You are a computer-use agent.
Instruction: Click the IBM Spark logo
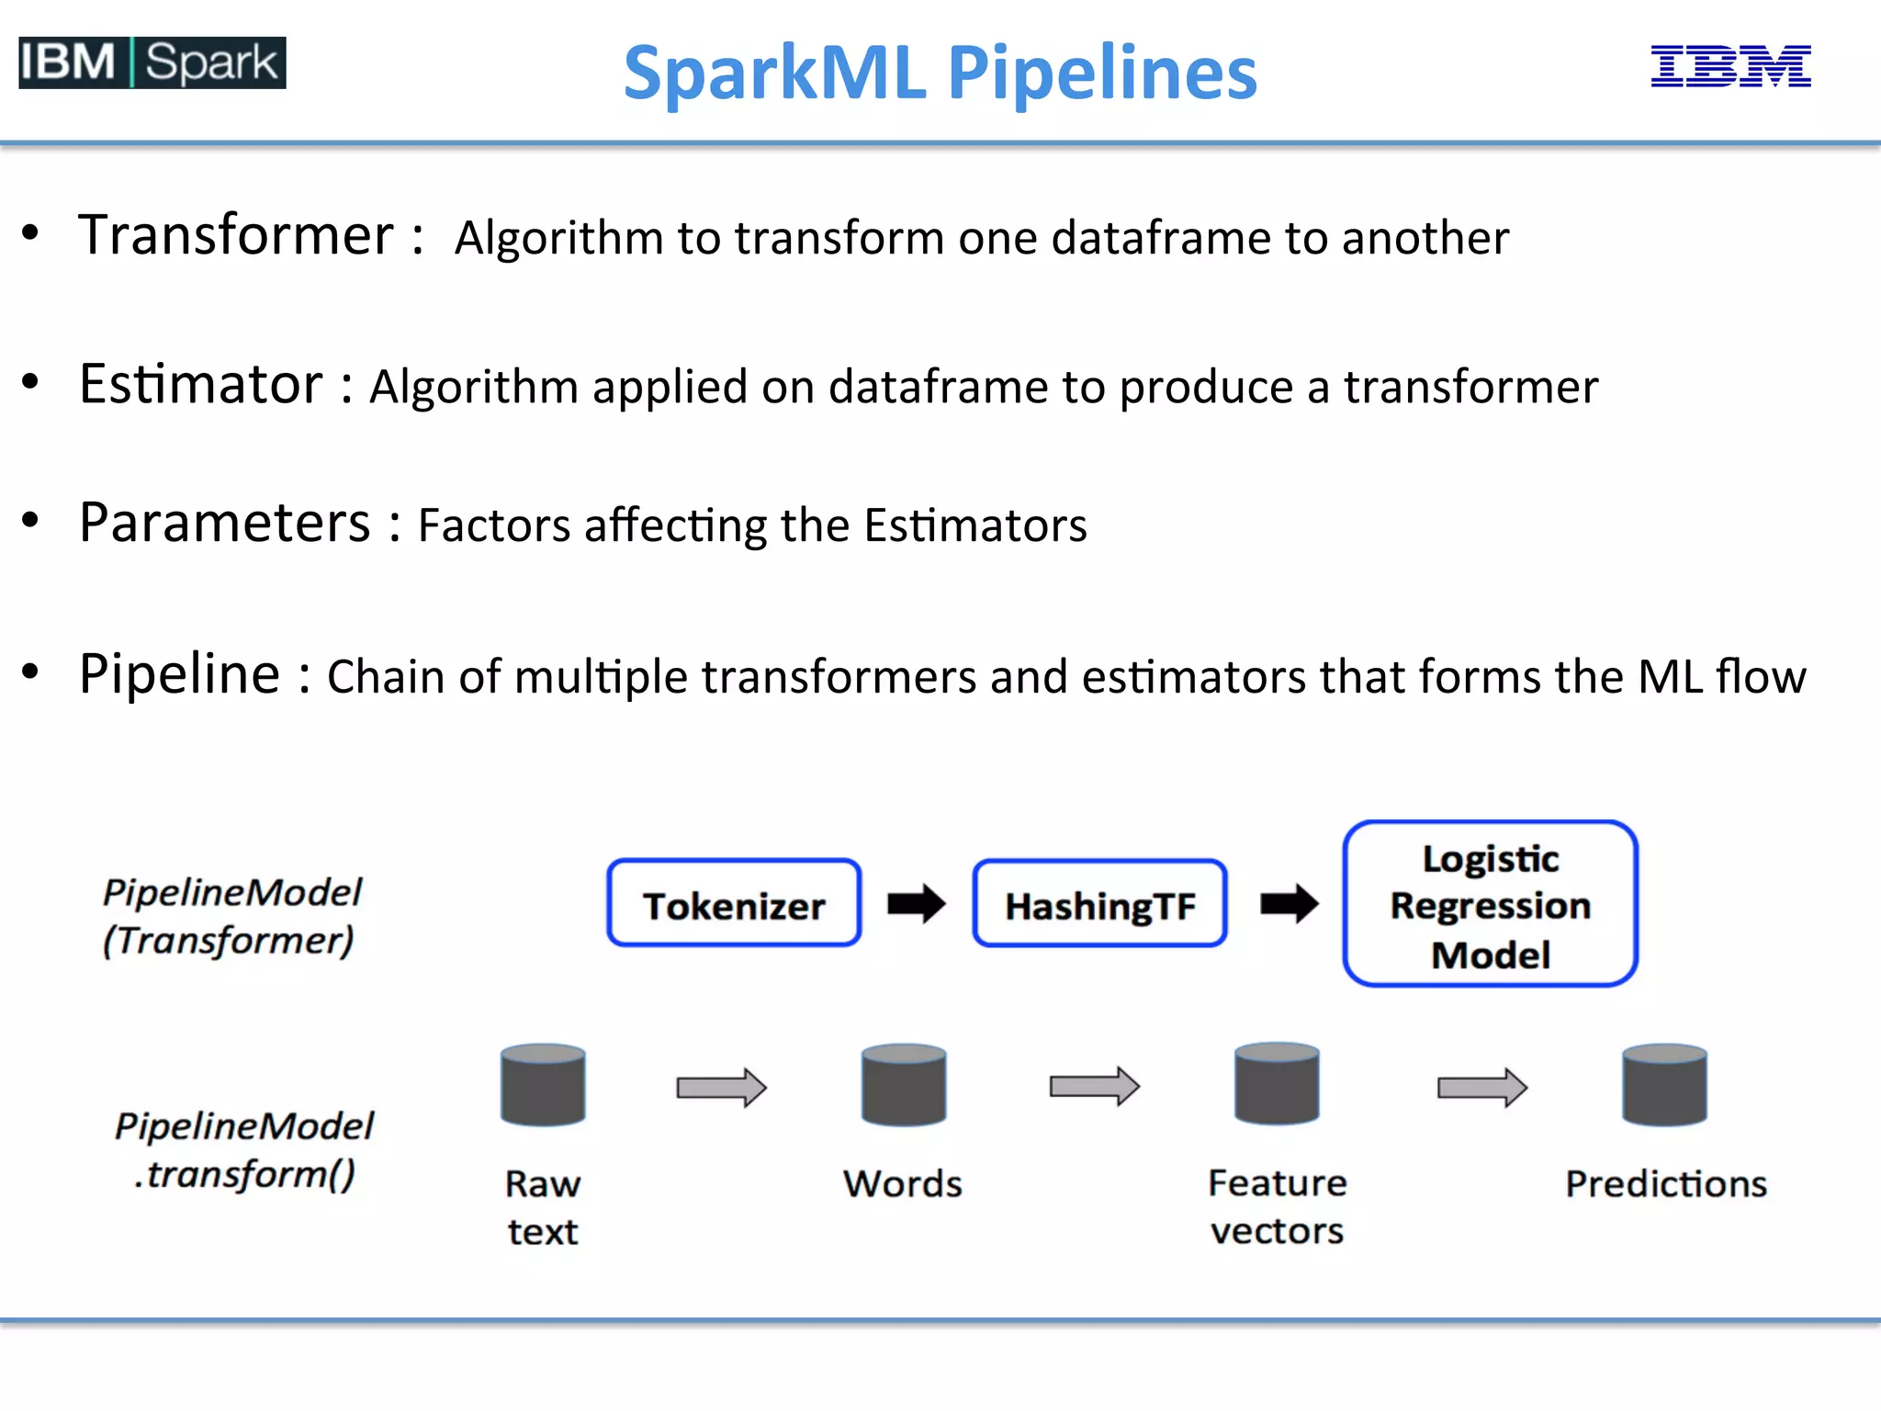(x=152, y=62)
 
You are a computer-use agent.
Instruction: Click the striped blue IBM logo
(x=1730, y=66)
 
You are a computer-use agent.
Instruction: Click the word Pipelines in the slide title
(x=1101, y=73)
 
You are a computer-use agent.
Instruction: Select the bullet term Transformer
(x=236, y=235)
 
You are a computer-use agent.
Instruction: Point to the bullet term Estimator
(x=200, y=384)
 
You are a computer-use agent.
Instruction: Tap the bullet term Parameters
(x=225, y=523)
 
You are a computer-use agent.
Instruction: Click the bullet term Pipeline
(x=180, y=673)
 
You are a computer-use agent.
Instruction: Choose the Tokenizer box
(x=734, y=904)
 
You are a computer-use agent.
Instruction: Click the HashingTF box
(x=1099, y=905)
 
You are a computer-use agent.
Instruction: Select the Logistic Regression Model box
(x=1490, y=905)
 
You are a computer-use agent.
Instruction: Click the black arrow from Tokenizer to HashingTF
(x=916, y=904)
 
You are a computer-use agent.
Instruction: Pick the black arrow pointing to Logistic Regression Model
(x=1289, y=904)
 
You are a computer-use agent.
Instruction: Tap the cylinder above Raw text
(x=543, y=1085)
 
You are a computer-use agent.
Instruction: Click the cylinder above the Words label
(x=904, y=1085)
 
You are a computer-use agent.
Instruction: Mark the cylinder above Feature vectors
(x=1277, y=1084)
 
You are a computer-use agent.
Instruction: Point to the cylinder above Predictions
(x=1664, y=1085)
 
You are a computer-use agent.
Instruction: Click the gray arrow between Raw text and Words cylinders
(x=721, y=1088)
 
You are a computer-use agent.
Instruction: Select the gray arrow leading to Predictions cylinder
(x=1481, y=1088)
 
